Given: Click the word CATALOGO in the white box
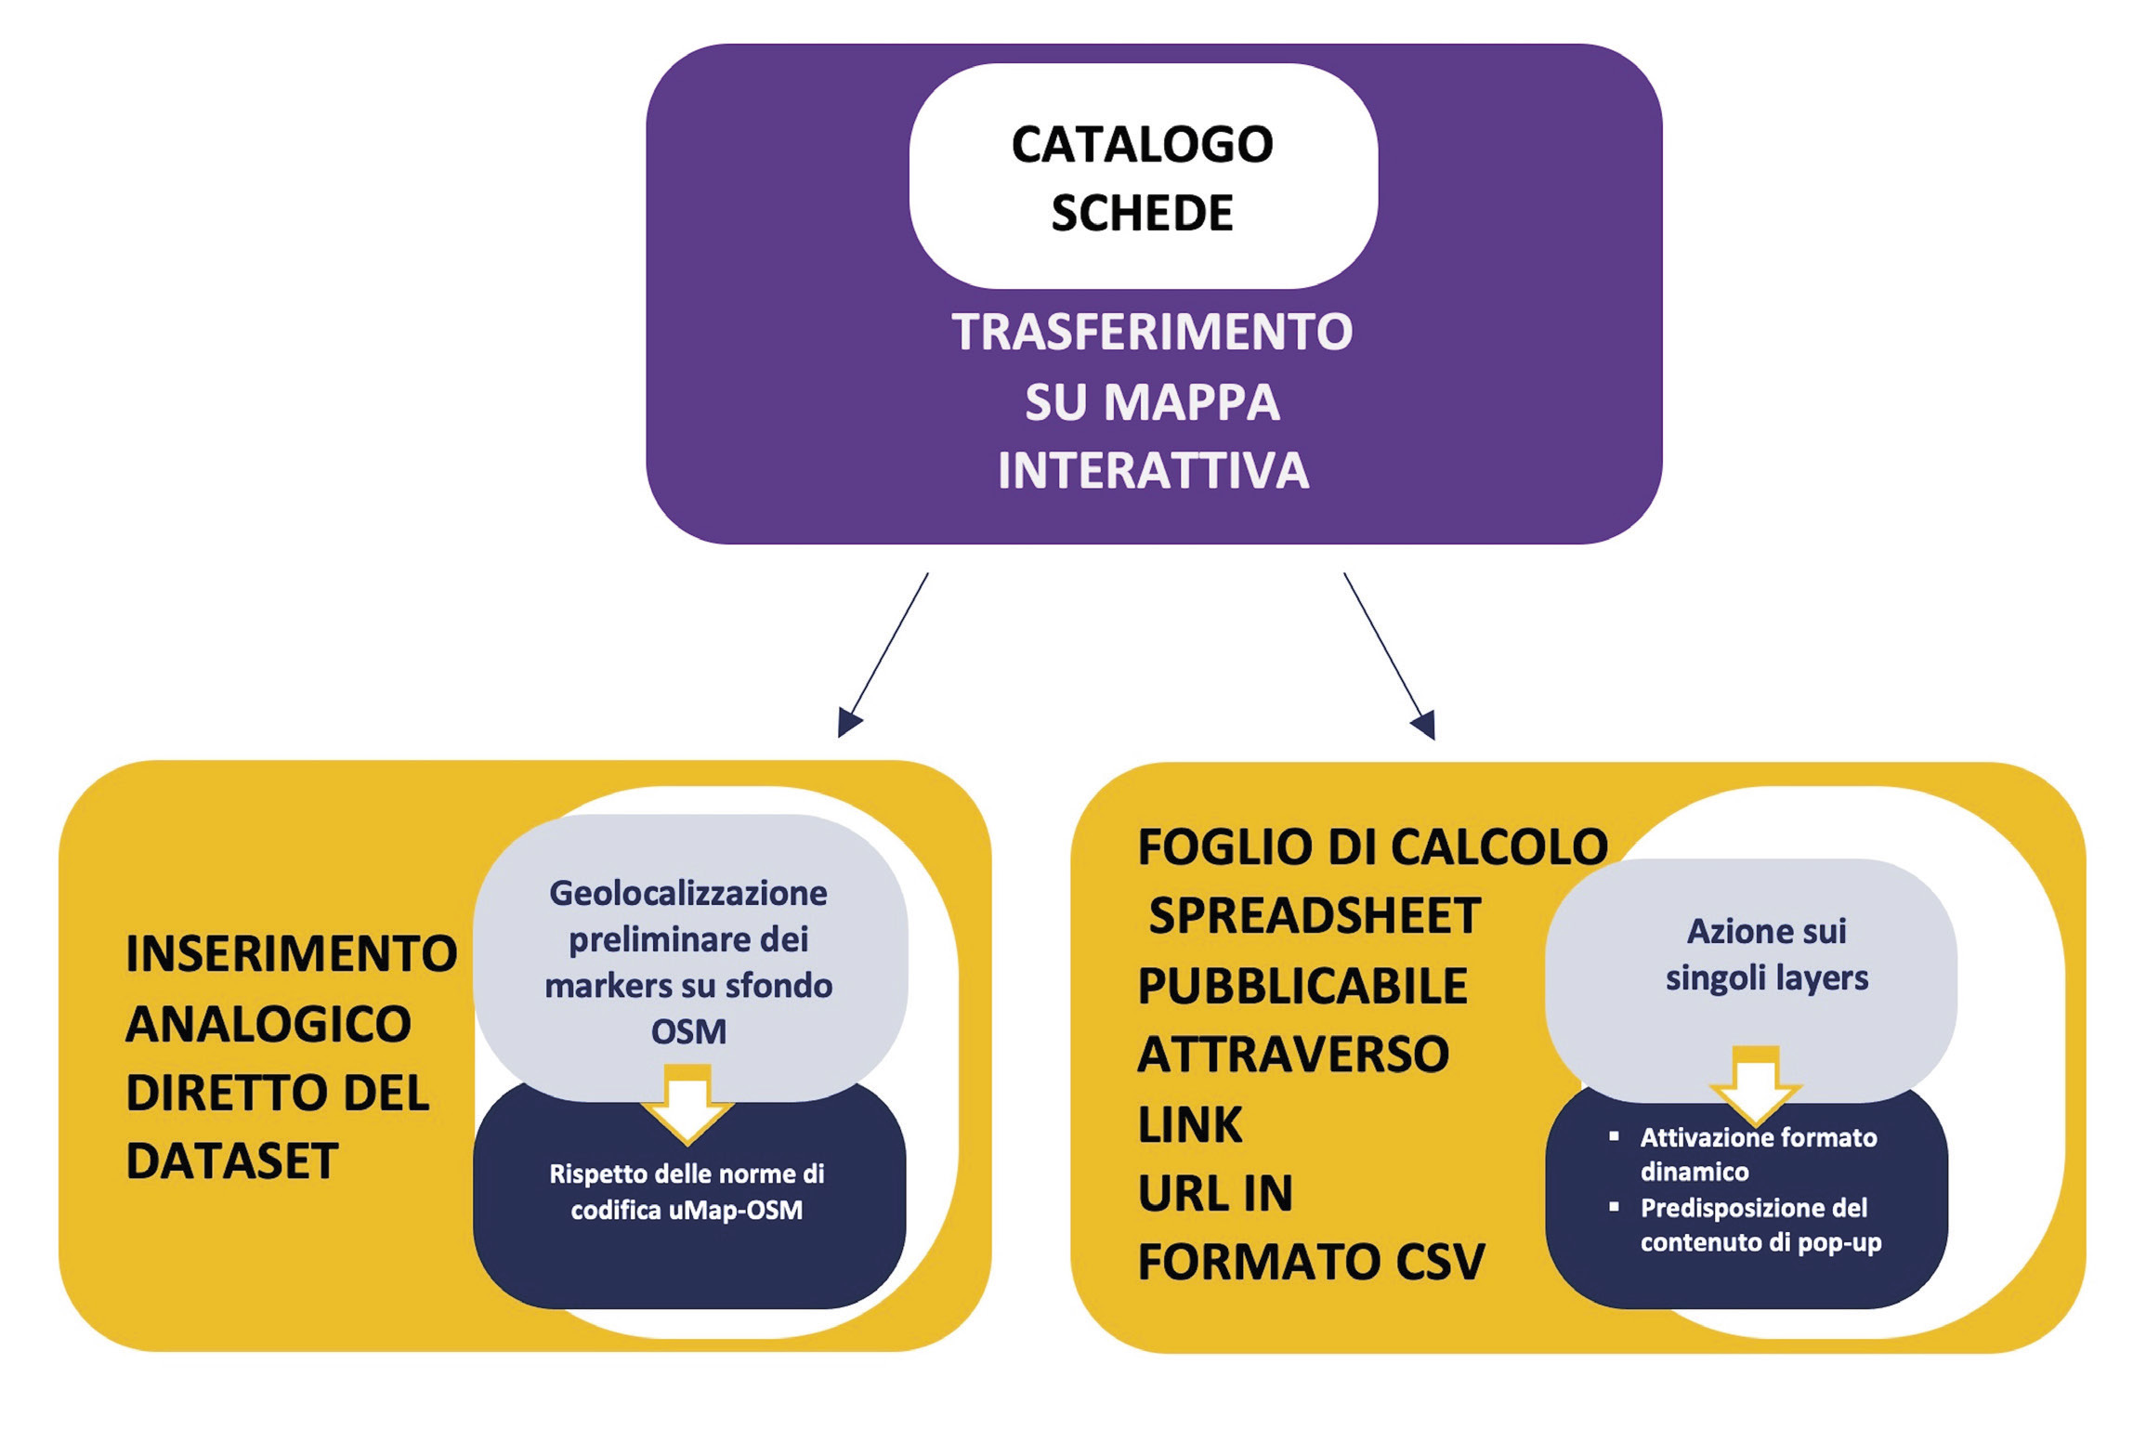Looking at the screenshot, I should (x=1142, y=145).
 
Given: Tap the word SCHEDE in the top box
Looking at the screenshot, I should (x=1142, y=213).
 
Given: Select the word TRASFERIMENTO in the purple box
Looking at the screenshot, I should (x=1152, y=332).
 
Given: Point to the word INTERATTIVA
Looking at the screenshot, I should (x=1153, y=471).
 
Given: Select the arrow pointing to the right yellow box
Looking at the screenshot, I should (x=1390, y=656).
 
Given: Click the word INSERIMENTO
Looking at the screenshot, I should (x=292, y=954).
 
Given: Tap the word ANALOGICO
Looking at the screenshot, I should (x=268, y=1024).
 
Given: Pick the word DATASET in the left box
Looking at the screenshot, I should (x=232, y=1161).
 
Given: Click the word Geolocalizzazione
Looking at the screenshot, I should (x=688, y=893).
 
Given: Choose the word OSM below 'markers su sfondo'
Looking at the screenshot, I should (x=688, y=1031).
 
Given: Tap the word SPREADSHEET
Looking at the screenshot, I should (x=1315, y=916).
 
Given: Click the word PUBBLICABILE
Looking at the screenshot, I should (x=1302, y=986).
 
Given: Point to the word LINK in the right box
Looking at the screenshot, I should (x=1190, y=1125).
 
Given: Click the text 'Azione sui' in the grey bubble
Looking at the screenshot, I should (x=1766, y=931).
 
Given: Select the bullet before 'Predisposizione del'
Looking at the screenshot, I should (x=1615, y=1207).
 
